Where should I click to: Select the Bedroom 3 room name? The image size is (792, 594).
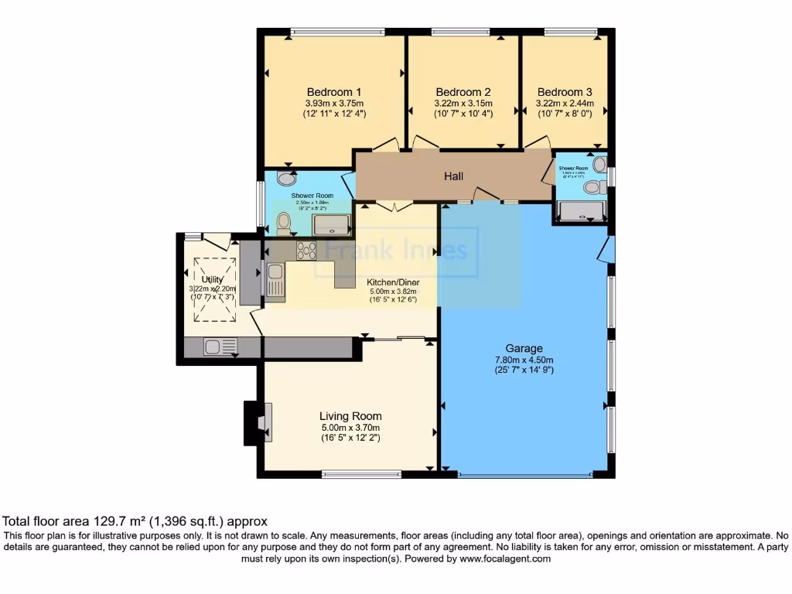click(x=565, y=90)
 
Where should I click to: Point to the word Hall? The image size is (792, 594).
click(x=454, y=176)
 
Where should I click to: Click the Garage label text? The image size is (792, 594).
click(x=524, y=348)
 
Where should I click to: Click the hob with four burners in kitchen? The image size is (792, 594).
click(x=306, y=250)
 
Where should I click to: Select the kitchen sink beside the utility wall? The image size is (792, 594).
click(x=275, y=279)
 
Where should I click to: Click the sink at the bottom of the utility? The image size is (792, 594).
click(x=215, y=347)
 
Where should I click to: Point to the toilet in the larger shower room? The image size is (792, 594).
click(x=283, y=224)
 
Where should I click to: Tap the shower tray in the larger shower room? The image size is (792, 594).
click(x=331, y=224)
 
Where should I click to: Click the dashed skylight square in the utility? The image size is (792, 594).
click(x=213, y=288)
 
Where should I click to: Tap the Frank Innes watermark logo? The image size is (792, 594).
click(x=396, y=251)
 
